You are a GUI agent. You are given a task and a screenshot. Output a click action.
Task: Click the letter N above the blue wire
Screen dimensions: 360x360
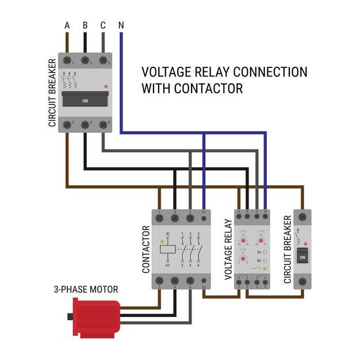click(x=121, y=25)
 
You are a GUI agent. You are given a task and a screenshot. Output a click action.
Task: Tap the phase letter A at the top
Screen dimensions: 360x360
click(x=67, y=25)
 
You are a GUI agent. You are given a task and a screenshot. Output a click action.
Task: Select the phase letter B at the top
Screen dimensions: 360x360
click(x=85, y=25)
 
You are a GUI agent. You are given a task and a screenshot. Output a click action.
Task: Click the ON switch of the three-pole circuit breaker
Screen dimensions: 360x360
click(x=85, y=100)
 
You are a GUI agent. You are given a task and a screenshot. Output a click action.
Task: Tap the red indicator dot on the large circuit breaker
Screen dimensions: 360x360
click(x=105, y=86)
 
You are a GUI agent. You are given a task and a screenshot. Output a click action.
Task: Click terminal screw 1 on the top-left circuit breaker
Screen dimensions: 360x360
click(x=68, y=60)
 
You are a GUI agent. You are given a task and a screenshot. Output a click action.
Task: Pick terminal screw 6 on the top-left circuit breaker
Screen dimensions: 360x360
click(x=104, y=124)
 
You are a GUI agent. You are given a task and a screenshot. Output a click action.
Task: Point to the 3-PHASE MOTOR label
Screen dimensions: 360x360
click(x=86, y=289)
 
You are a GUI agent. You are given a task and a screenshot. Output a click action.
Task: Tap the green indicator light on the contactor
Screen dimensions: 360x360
click(x=163, y=242)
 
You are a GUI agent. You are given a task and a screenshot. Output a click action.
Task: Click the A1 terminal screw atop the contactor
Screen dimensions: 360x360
click(x=204, y=219)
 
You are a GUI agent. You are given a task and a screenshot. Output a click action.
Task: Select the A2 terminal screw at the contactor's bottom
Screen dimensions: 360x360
click(x=204, y=280)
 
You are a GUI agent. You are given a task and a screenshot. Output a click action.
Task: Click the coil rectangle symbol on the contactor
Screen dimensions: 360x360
click(x=167, y=249)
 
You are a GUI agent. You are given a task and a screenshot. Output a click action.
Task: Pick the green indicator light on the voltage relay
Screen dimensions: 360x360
click(x=264, y=269)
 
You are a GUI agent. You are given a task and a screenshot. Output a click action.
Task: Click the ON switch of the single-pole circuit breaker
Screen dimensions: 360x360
click(x=302, y=257)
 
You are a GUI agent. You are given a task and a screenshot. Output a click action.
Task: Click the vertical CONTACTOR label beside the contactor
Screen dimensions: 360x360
click(x=145, y=248)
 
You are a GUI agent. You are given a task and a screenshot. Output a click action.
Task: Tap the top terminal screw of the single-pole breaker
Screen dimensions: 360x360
click(x=302, y=219)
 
